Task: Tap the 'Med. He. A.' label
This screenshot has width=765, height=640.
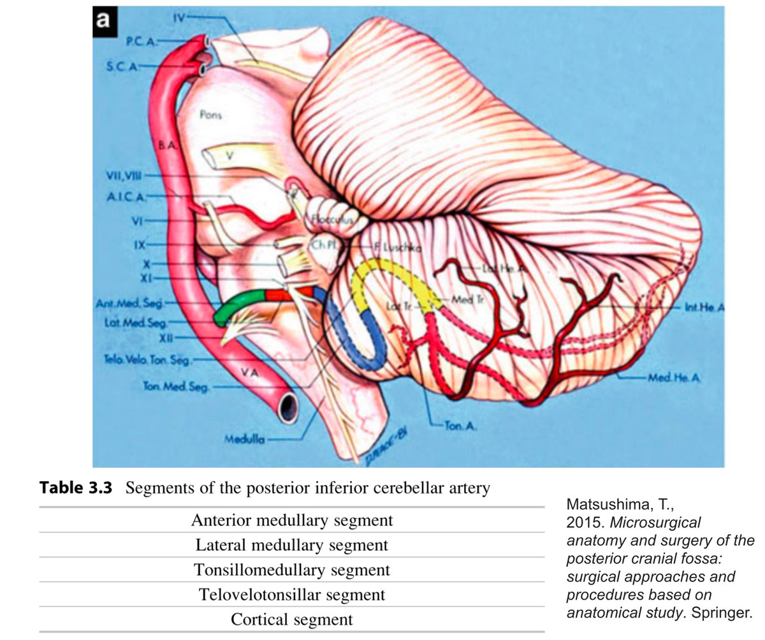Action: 674,377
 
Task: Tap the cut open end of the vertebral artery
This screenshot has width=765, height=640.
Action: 289,405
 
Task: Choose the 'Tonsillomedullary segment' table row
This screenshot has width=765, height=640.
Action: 291,569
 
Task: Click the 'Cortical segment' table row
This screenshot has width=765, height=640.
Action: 291,618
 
